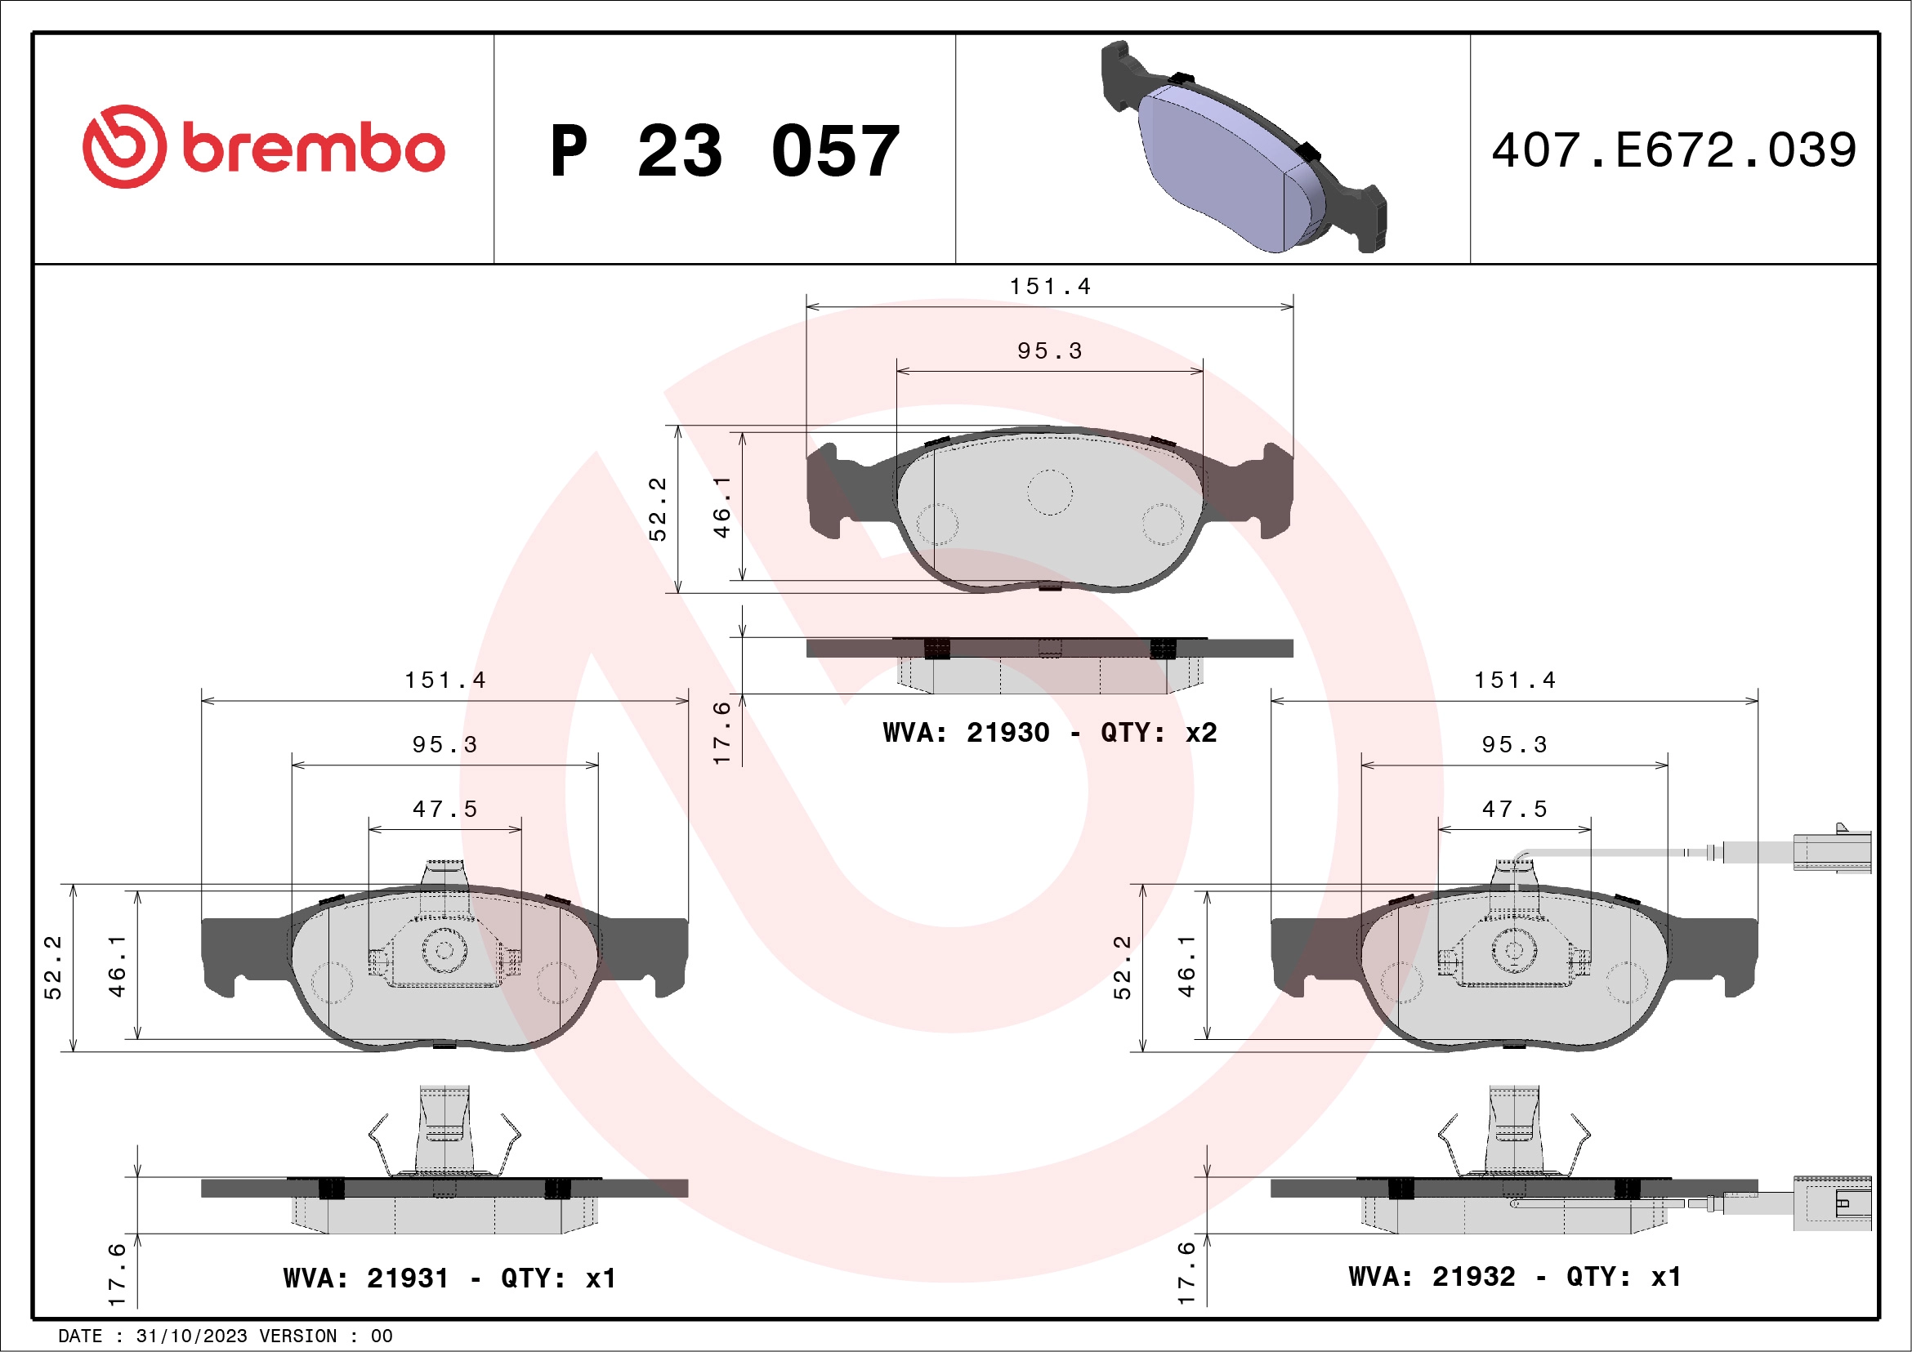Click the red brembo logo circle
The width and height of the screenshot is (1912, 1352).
click(124, 146)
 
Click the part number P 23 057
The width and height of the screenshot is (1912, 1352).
click(725, 150)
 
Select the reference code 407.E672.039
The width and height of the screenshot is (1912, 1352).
click(1674, 150)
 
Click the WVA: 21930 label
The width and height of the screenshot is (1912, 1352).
click(966, 733)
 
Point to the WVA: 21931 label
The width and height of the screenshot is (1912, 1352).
click(366, 1278)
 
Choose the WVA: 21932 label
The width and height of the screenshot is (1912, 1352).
click(1432, 1276)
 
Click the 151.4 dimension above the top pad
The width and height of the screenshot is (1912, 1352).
click(1049, 287)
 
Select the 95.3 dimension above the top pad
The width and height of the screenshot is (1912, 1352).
click(1049, 351)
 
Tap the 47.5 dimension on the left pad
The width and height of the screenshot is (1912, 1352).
click(444, 810)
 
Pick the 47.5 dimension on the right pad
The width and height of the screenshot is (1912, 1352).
click(1514, 810)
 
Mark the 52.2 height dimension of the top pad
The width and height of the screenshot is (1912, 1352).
click(658, 510)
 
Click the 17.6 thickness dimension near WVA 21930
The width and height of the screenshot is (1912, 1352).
click(721, 733)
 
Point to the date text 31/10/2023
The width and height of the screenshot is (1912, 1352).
click(191, 1336)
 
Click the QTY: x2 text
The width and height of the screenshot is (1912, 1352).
click(1159, 733)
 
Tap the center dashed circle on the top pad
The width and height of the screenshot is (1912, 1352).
click(1049, 492)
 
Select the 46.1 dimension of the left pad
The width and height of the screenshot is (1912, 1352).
click(117, 966)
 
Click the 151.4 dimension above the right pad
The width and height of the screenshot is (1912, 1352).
click(1514, 680)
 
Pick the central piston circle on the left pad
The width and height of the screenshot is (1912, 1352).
click(444, 950)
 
